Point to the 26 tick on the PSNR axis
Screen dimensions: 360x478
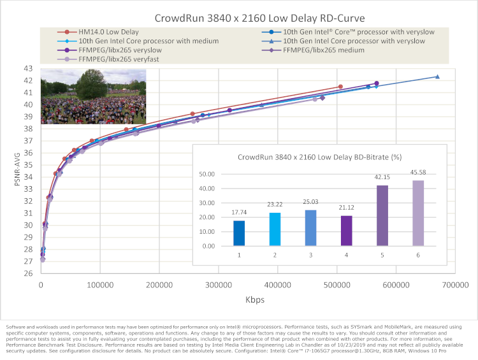(28, 273)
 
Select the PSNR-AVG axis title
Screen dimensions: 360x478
(9, 169)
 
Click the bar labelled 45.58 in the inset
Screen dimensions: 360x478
(418, 213)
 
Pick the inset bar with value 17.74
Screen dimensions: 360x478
(239, 233)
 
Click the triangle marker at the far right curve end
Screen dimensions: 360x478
(437, 76)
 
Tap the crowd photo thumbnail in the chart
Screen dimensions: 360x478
(93, 96)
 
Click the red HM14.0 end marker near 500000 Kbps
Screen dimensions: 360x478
(340, 86)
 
